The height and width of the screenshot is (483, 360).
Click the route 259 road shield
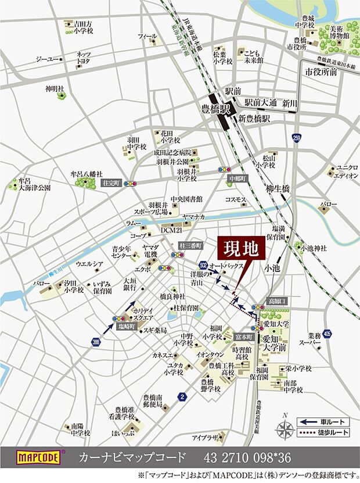[x=297, y=138]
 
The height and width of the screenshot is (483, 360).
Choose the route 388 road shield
[x=95, y=343]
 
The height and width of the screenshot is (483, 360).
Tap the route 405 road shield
[x=328, y=333]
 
